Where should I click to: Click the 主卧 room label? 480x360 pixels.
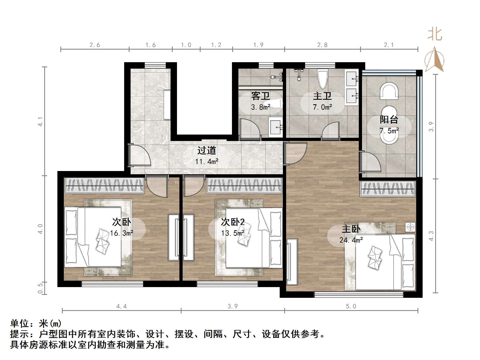click(x=351, y=229)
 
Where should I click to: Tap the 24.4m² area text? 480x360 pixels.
click(x=351, y=240)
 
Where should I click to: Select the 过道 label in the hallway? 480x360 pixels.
click(x=206, y=150)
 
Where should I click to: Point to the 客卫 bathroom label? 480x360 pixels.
click(x=260, y=96)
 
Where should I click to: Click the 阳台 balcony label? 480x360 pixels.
click(x=389, y=120)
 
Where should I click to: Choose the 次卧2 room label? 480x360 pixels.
click(x=232, y=222)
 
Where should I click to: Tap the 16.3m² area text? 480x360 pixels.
click(x=121, y=233)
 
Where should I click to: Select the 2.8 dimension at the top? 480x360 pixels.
click(x=322, y=45)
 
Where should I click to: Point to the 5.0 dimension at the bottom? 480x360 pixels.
click(x=351, y=306)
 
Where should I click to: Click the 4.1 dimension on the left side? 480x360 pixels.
click(x=40, y=121)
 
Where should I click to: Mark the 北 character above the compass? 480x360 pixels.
click(x=435, y=35)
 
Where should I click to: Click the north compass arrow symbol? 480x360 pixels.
click(x=434, y=60)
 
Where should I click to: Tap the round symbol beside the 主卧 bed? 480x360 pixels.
click(x=410, y=227)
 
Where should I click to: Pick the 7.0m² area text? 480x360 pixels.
click(x=322, y=107)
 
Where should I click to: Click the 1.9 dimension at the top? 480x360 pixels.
click(x=259, y=45)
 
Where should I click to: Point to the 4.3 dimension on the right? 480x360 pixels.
click(x=431, y=236)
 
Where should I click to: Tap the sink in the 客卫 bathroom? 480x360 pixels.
click(x=275, y=127)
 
